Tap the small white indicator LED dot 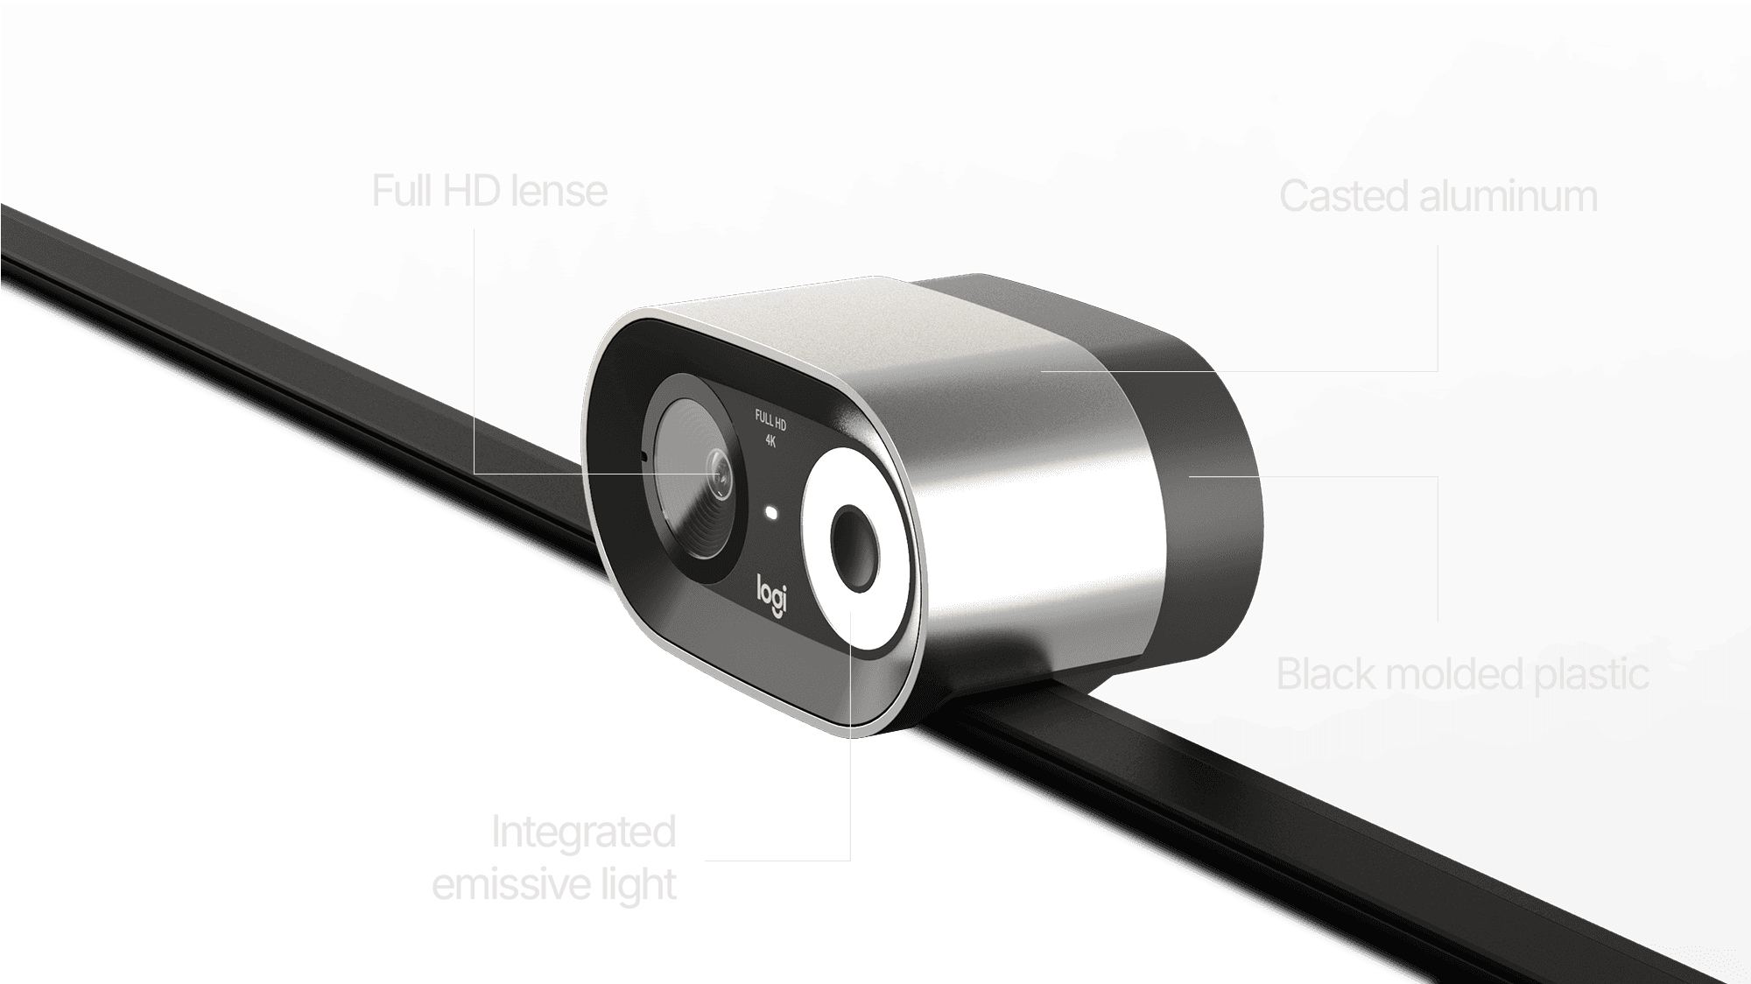[x=771, y=512]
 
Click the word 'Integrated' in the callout [x=583, y=832]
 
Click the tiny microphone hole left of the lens [x=643, y=456]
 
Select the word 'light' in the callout [x=638, y=884]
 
